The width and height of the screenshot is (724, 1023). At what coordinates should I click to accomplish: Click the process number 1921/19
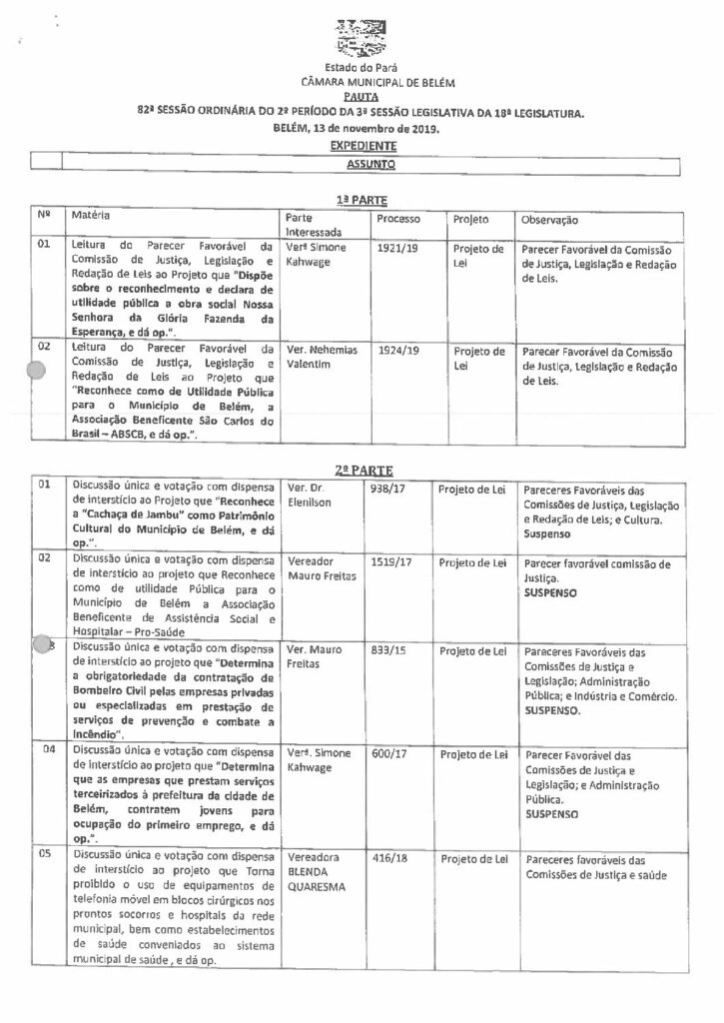[399, 243]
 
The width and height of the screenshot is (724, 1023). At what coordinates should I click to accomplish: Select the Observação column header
[550, 218]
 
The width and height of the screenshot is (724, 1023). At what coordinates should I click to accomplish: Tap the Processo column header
[399, 218]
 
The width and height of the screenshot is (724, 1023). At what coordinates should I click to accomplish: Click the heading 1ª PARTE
[361, 200]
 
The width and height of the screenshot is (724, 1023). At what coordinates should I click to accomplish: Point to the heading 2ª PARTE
[361, 469]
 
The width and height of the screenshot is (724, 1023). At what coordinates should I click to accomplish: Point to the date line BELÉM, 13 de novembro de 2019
[361, 129]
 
